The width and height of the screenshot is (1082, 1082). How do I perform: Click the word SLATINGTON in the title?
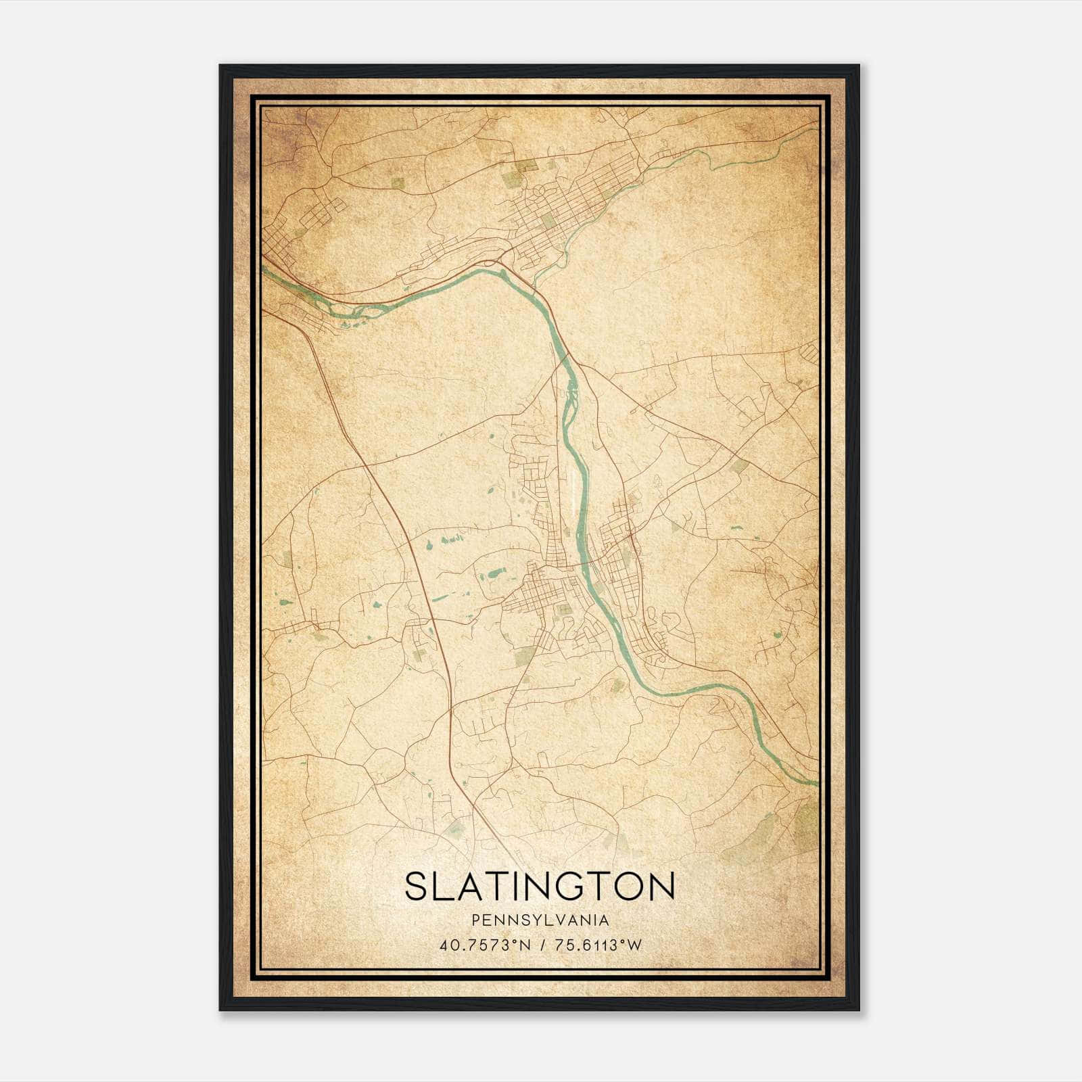tap(540, 886)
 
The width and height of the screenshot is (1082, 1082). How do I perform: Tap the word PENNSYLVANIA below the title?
tap(540, 920)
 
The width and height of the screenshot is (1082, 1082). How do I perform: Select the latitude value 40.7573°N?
tap(486, 945)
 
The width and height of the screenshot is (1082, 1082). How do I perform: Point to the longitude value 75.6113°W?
tap(598, 945)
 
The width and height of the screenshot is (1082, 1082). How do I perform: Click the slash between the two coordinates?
tap(543, 945)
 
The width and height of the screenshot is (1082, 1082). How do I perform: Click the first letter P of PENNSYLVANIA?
tap(476, 920)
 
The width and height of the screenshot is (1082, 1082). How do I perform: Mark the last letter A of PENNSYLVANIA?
tap(604, 920)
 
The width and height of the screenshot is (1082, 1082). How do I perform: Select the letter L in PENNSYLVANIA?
tap(548, 920)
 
